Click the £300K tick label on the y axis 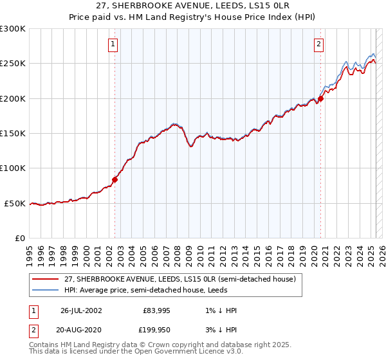[13, 29]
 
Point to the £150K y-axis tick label [13, 133]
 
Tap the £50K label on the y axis [15, 203]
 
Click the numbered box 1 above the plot [113, 44]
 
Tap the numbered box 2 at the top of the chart [318, 44]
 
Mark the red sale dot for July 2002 [115, 179]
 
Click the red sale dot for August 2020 [320, 98]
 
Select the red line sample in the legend [46, 280]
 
